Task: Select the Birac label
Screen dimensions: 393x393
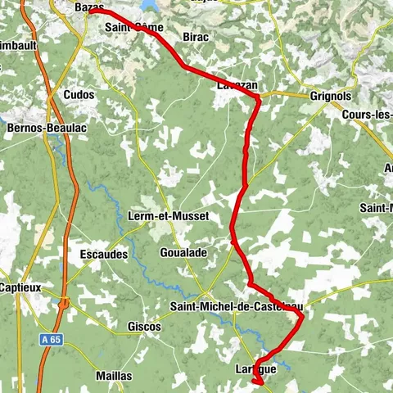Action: coord(196,38)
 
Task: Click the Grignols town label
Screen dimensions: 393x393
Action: coord(330,95)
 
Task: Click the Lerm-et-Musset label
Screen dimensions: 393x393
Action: coord(169,216)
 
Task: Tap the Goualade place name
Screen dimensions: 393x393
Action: coord(183,254)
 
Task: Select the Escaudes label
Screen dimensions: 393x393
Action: coord(103,255)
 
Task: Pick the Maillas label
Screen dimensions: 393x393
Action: coord(113,376)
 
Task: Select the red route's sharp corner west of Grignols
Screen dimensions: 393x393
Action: coord(257,98)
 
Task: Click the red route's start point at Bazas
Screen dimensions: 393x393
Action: coord(88,11)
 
